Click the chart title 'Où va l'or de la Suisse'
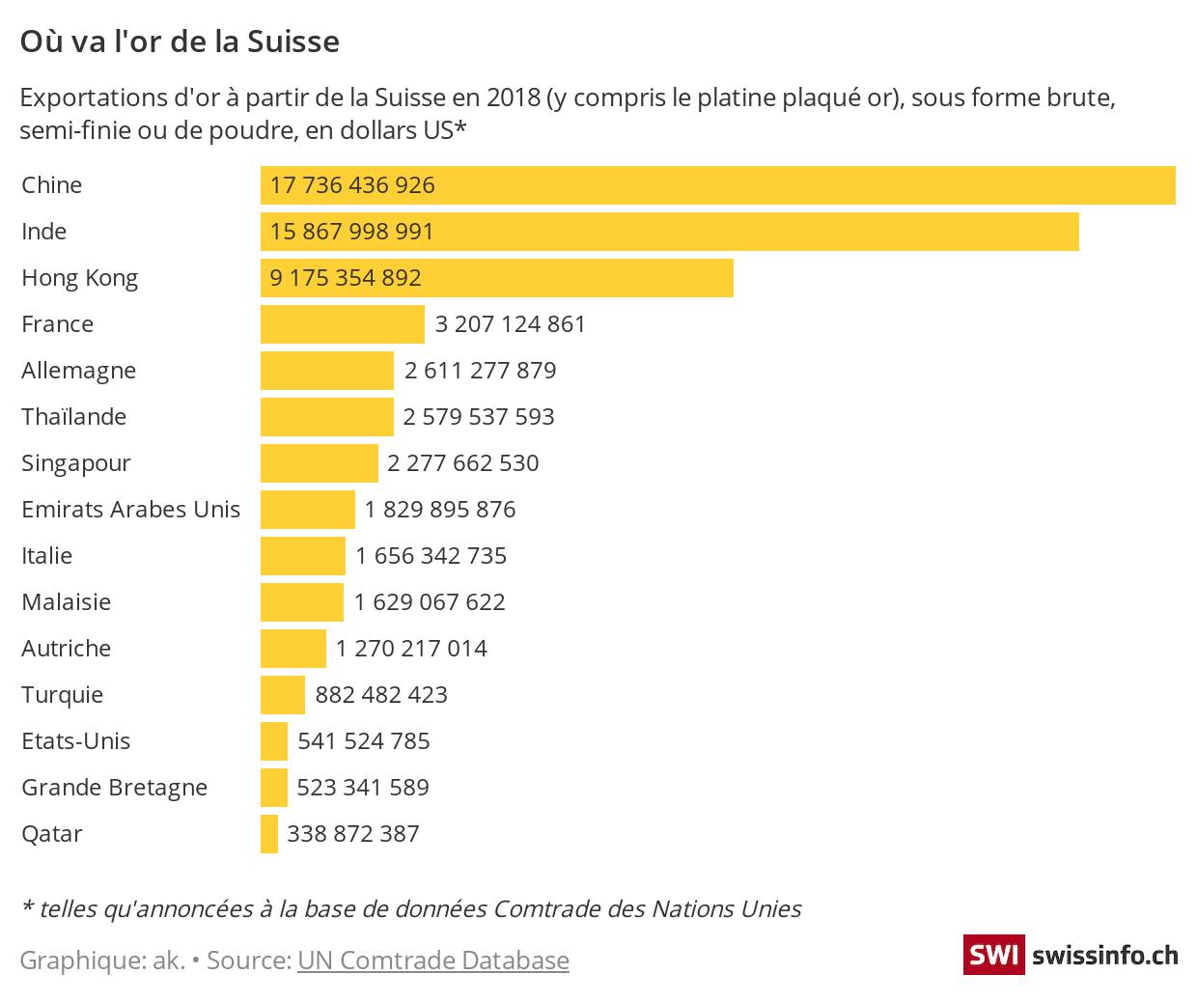click(x=180, y=42)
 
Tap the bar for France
click(x=342, y=324)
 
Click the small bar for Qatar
click(x=269, y=834)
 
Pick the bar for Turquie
click(x=283, y=695)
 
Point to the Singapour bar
click(x=319, y=463)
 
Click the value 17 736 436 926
click(x=352, y=185)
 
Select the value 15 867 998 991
click(x=352, y=232)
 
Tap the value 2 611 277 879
click(x=480, y=371)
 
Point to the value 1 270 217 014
click(x=411, y=649)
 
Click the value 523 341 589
click(x=363, y=788)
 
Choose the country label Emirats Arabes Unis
click(x=130, y=510)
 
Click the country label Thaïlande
click(x=74, y=417)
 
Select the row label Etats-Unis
click(x=75, y=741)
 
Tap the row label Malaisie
click(x=66, y=602)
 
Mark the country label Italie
click(x=46, y=556)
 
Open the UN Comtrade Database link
click(x=433, y=960)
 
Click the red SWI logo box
click(x=992, y=956)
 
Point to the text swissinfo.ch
click(x=1104, y=956)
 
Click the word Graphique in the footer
click(x=81, y=961)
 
